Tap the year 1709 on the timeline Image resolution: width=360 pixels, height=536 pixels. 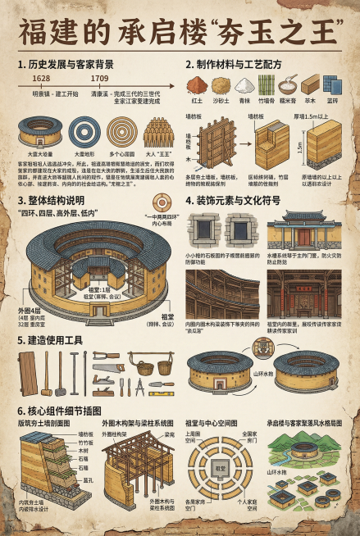pos(100,78)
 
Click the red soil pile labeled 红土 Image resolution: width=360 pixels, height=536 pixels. pos(198,84)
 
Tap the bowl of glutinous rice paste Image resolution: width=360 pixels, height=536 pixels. pos(287,84)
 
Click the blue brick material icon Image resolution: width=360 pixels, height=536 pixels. pos(331,84)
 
